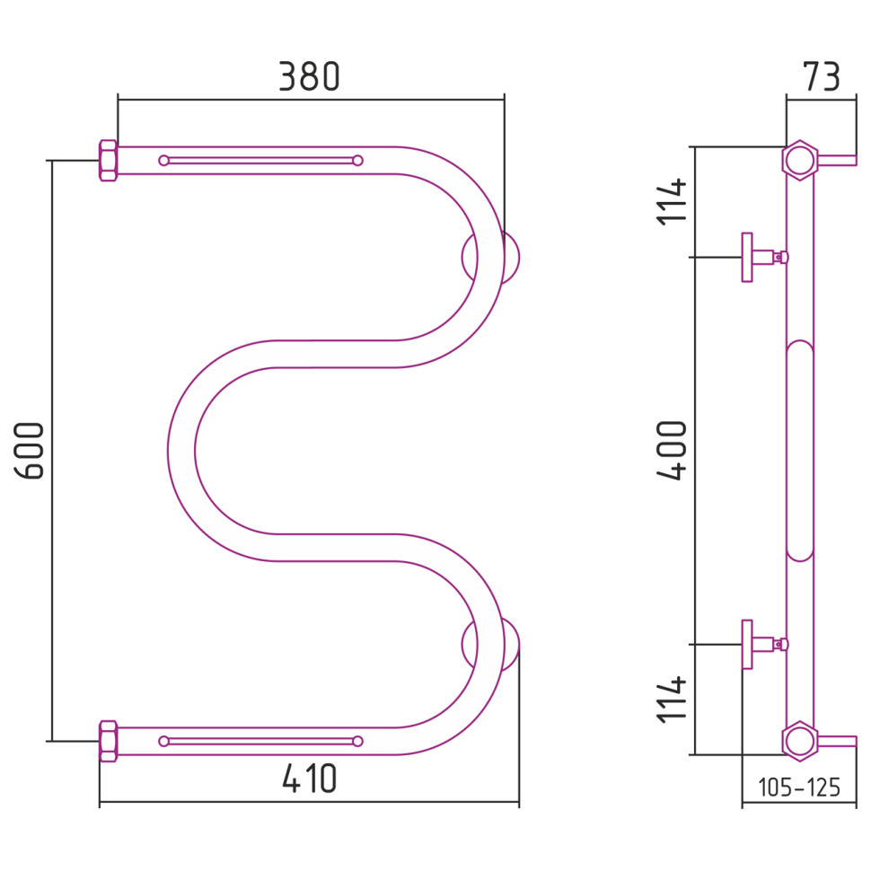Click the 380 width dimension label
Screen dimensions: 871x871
click(309, 76)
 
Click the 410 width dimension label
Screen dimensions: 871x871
click(310, 779)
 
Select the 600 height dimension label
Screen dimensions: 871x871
click(29, 451)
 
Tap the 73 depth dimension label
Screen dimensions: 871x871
click(822, 76)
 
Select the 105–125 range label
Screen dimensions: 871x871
click(799, 787)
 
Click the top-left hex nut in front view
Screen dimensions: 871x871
click(109, 161)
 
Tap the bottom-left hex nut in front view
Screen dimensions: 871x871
click(109, 741)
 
